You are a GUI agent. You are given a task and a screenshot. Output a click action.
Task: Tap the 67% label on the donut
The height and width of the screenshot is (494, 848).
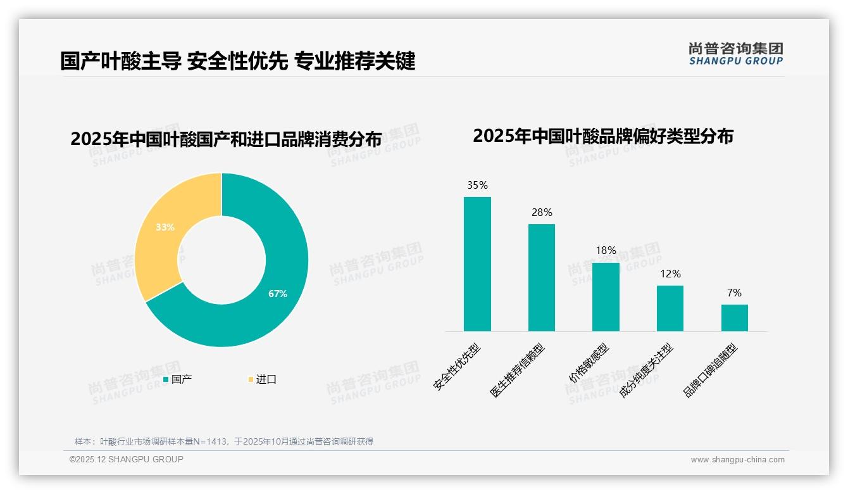tap(277, 294)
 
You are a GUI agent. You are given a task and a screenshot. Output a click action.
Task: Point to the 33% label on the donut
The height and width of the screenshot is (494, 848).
tap(165, 227)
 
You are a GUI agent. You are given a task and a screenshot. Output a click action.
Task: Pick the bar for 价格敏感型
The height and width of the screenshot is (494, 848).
tap(606, 297)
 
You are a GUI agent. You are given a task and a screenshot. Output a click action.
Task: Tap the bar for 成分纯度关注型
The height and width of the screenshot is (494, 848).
tap(670, 308)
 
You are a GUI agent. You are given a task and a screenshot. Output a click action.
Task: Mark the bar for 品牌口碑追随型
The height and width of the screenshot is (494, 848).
tap(734, 318)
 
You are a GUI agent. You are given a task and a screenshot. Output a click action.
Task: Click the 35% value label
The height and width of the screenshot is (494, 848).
tap(477, 186)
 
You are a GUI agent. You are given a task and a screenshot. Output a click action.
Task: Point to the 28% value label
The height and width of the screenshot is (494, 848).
tap(542, 213)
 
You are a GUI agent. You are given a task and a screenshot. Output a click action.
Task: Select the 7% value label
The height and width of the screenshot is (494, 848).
tap(734, 293)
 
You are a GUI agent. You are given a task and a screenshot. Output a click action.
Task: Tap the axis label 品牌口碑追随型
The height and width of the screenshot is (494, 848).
tap(711, 370)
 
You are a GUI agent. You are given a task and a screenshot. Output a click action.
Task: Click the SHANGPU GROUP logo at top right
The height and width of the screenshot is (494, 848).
tap(735, 54)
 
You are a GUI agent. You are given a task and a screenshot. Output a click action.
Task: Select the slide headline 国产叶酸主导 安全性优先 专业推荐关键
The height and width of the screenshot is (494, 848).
tap(237, 61)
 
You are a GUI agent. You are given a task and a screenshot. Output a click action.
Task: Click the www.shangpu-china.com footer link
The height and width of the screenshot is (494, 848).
tap(737, 460)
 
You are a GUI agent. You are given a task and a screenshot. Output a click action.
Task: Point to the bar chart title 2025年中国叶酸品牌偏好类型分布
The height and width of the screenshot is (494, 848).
tap(602, 136)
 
